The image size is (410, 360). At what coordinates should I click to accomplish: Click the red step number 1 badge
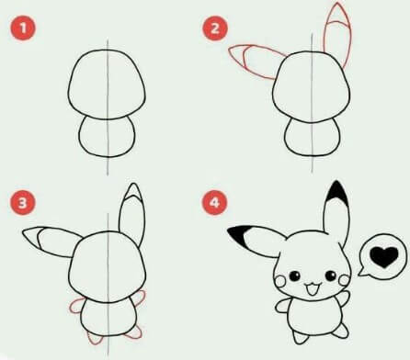point(21,29)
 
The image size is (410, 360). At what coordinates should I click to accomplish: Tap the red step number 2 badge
point(218,29)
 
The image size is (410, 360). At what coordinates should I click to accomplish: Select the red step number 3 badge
point(21,199)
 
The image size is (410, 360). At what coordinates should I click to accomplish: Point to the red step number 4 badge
point(218,199)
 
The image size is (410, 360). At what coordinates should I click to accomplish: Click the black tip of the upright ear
point(336,194)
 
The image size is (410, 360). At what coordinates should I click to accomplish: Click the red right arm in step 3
point(140,298)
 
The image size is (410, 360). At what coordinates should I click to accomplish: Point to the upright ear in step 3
point(131,216)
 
